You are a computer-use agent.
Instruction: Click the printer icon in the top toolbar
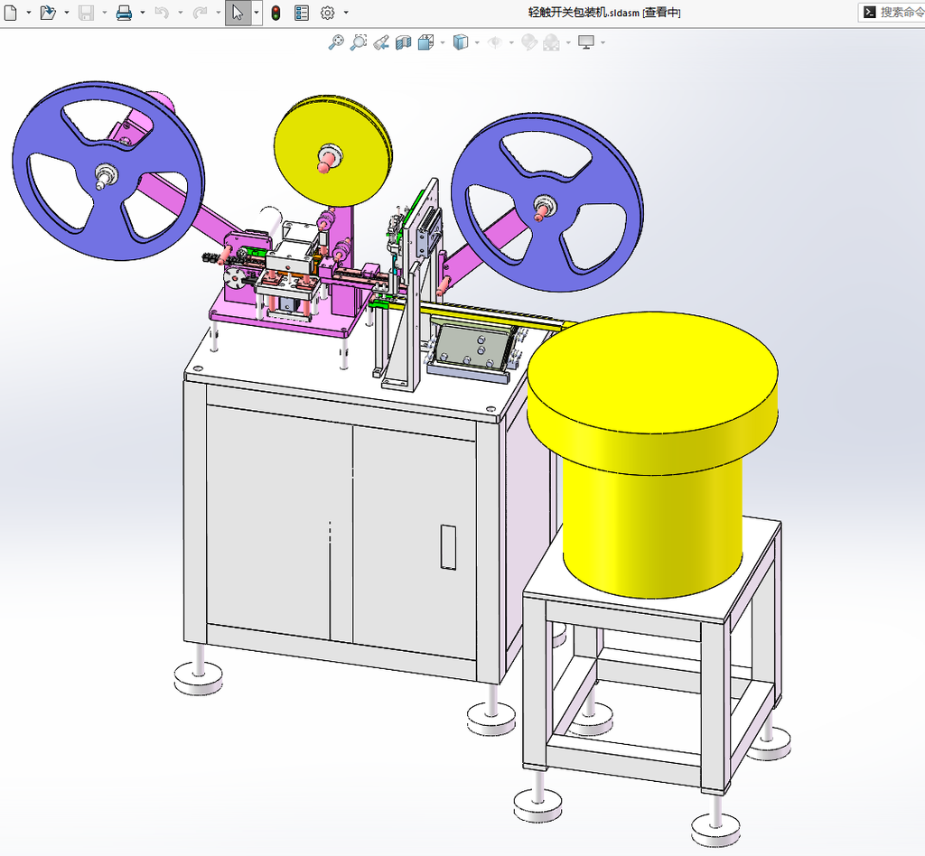pyautogui.click(x=124, y=13)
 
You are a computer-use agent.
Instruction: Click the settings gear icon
pyautogui.click(x=327, y=13)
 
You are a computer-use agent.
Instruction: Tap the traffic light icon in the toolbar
pyautogui.click(x=276, y=13)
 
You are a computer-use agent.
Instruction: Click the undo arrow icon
pyautogui.click(x=162, y=13)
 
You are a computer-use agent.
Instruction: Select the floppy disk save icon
pyautogui.click(x=86, y=13)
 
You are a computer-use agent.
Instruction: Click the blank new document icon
pyautogui.click(x=10, y=13)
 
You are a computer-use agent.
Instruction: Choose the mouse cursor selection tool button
pyautogui.click(x=238, y=13)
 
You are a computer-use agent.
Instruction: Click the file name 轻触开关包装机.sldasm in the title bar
pyautogui.click(x=584, y=13)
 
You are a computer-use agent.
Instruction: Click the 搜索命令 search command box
pyautogui.click(x=892, y=13)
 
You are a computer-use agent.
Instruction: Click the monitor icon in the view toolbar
pyautogui.click(x=585, y=42)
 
